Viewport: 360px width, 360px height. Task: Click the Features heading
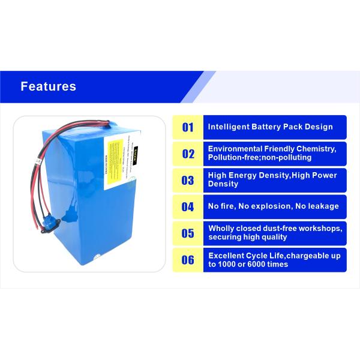[49, 86]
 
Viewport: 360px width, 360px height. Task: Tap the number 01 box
[188, 127]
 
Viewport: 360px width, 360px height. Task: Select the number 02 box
[188, 154]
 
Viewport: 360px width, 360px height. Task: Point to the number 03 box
[188, 180]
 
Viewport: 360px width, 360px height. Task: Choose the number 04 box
[188, 207]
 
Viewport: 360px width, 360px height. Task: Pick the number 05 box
[188, 233]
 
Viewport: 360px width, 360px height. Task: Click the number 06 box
[188, 260]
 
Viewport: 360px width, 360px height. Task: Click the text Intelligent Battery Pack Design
[270, 127]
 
